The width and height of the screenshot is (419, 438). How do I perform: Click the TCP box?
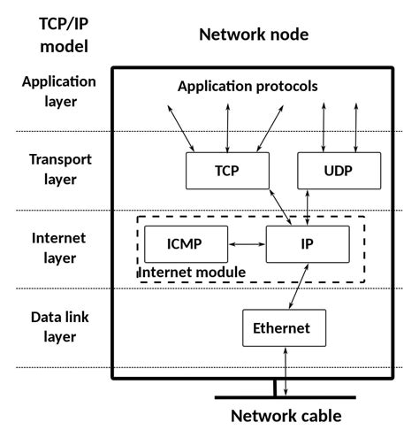227,170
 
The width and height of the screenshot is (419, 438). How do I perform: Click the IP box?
307,243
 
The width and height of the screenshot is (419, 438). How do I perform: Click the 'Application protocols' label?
248,87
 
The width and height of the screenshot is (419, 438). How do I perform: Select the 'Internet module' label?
192,272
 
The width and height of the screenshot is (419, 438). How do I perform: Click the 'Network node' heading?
254,35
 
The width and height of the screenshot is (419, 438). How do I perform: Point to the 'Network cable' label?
285,416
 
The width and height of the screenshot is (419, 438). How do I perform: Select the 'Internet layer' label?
58,248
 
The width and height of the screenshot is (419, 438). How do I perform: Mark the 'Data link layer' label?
58,327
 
